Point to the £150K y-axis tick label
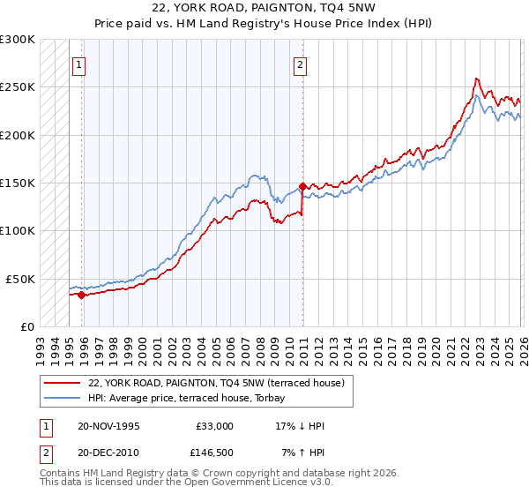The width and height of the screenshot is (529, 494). click(18, 183)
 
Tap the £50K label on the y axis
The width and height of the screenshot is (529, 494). click(20, 279)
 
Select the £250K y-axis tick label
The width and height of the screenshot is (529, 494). click(18, 87)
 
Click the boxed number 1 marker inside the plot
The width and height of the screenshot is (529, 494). click(80, 64)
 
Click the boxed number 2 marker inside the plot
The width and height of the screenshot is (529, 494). click(301, 64)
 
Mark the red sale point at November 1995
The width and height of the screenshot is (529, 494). click(81, 295)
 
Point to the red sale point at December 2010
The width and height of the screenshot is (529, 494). click(302, 186)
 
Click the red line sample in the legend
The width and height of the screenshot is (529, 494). click(62, 383)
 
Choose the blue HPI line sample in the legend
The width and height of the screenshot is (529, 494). click(62, 398)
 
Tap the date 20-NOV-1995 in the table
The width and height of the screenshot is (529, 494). click(108, 426)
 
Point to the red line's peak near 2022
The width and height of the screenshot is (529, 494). click(476, 79)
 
